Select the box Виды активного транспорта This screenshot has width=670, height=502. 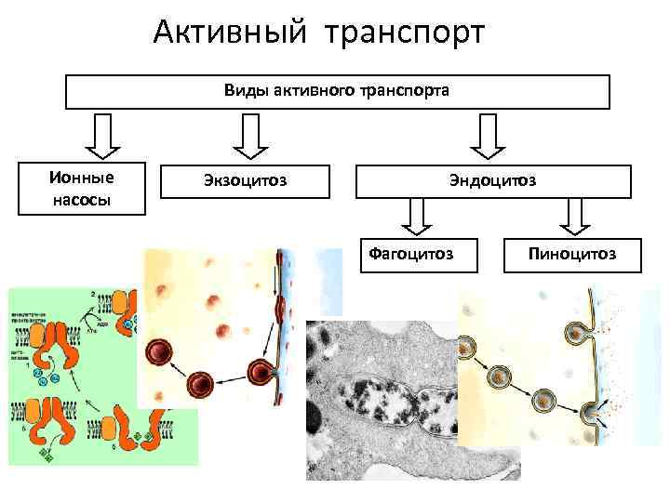pos(337,92)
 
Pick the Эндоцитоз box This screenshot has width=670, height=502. pos(494,181)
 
